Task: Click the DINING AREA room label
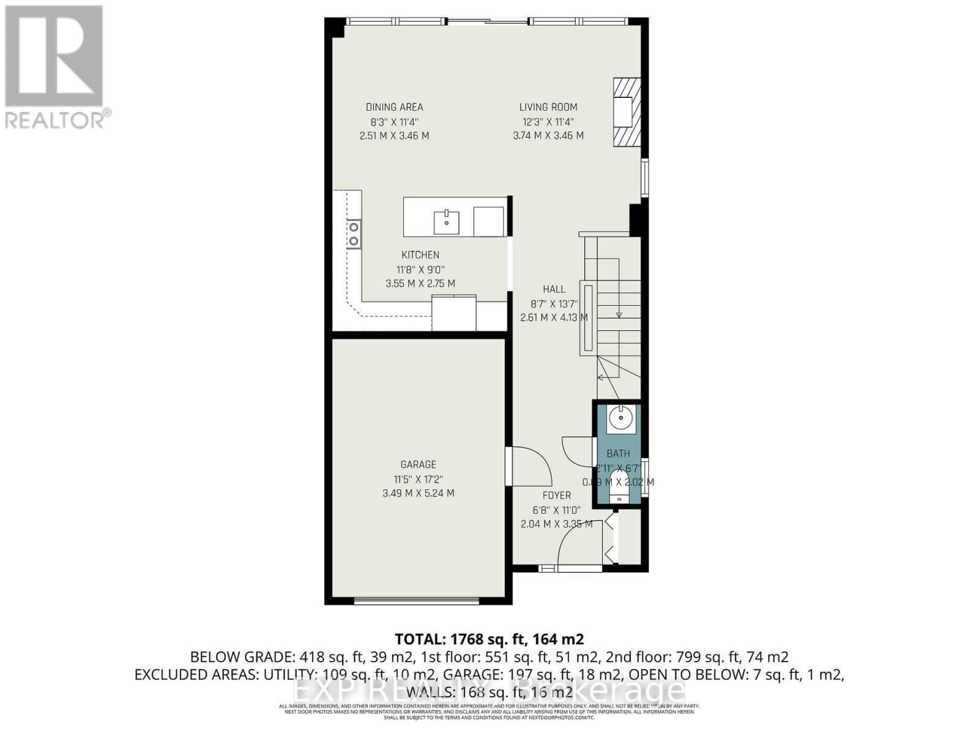[394, 107]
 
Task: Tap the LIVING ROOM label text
[548, 107]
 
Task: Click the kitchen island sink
[447, 222]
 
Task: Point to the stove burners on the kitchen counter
[353, 234]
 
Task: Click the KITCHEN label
[420, 255]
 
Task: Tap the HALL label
[554, 289]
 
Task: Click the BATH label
[618, 454]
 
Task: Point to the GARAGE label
[419, 465]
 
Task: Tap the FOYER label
[556, 495]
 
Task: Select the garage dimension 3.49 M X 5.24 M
[419, 493]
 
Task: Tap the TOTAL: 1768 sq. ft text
[489, 640]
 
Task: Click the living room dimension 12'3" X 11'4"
[548, 122]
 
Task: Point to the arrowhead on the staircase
[619, 315]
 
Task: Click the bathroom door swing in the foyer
[576, 449]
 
